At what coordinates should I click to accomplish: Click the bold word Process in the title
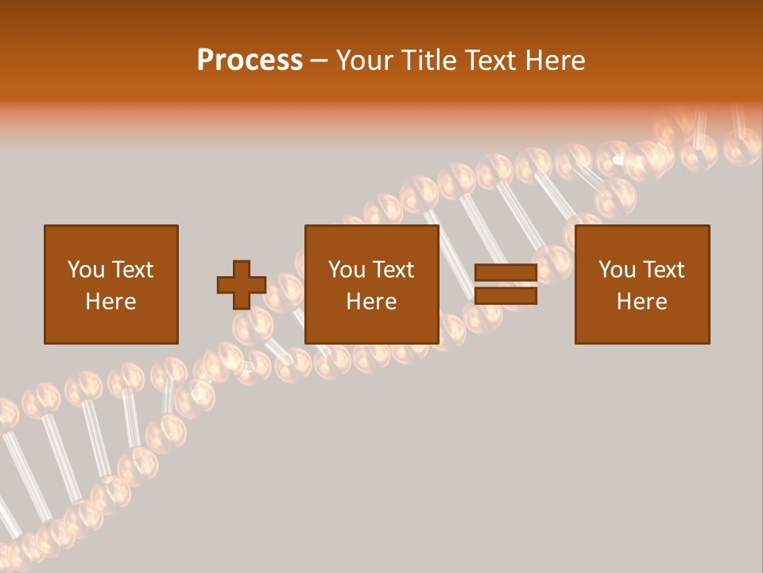point(250,60)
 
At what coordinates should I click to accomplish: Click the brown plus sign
point(242,285)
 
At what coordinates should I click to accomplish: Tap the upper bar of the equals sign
point(505,273)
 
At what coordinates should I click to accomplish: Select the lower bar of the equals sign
point(505,296)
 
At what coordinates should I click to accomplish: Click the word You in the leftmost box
point(85,270)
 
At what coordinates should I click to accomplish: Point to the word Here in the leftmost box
point(111,302)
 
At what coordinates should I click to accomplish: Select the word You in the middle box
point(347,270)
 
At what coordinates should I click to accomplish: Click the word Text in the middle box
point(393,270)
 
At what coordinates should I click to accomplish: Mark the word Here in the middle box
point(372,302)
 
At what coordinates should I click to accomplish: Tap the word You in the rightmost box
point(617,270)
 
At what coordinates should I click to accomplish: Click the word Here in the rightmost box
point(642,302)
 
